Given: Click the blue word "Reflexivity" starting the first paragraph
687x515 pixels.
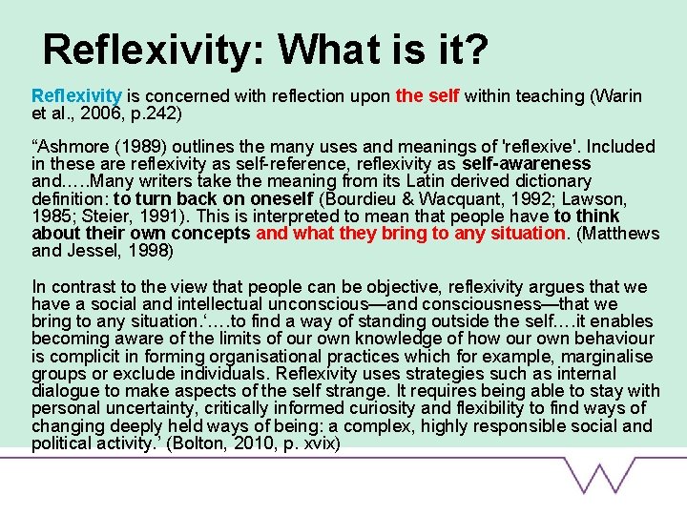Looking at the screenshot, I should click(76, 95).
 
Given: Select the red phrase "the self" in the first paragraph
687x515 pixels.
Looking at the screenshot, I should click(427, 95).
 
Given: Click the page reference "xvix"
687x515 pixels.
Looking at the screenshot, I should click(316, 444).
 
